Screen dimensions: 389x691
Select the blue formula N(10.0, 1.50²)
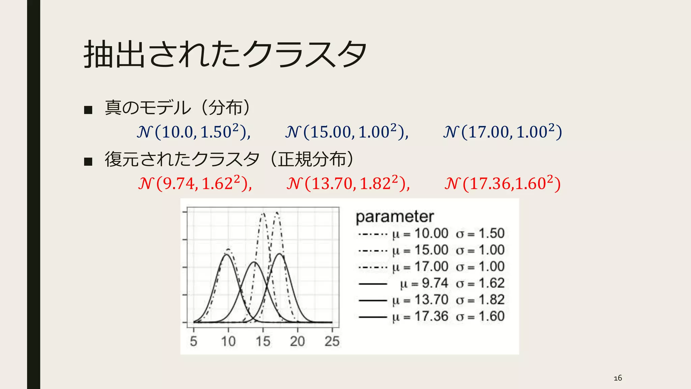[194, 131]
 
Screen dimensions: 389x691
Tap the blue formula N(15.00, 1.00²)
[347, 131]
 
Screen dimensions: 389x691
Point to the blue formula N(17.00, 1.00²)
[502, 131]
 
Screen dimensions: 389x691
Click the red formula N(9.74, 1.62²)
[195, 183]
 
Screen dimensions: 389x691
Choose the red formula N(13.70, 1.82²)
[348, 183]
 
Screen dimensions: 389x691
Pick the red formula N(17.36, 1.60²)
[502, 183]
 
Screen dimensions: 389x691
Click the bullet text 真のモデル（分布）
[178, 108]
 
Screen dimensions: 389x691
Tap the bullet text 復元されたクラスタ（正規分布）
[229, 159]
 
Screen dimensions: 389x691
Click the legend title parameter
[395, 216]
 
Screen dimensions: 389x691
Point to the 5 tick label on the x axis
[193, 341]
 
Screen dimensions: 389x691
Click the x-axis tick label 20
[297, 341]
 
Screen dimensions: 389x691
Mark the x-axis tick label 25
[332, 341]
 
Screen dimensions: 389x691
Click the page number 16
[618, 378]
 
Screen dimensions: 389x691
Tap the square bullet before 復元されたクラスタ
[88, 161]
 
